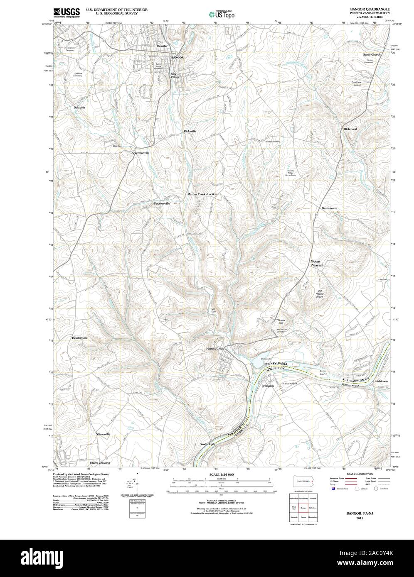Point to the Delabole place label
[79, 108]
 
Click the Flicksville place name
[190, 131]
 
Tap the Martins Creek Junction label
[202, 194]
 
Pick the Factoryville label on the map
[162, 203]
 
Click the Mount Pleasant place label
[316, 263]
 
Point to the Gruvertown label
[329, 208]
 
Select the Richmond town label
[350, 129]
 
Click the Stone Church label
[371, 54]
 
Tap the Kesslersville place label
[80, 338]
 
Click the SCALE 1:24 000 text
[222, 474]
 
